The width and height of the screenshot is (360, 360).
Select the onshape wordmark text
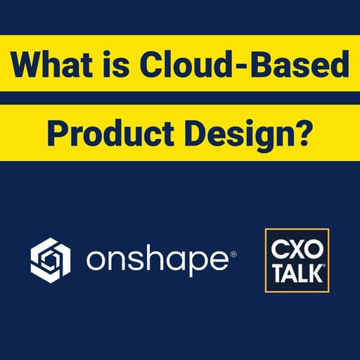coord(155,262)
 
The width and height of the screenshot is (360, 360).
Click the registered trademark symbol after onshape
coord(233,251)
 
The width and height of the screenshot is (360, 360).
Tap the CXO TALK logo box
coord(297,259)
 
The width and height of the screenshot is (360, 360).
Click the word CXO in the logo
coord(297,247)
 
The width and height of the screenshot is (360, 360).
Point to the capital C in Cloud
coord(153,67)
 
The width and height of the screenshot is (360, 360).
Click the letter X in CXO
coord(297,247)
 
